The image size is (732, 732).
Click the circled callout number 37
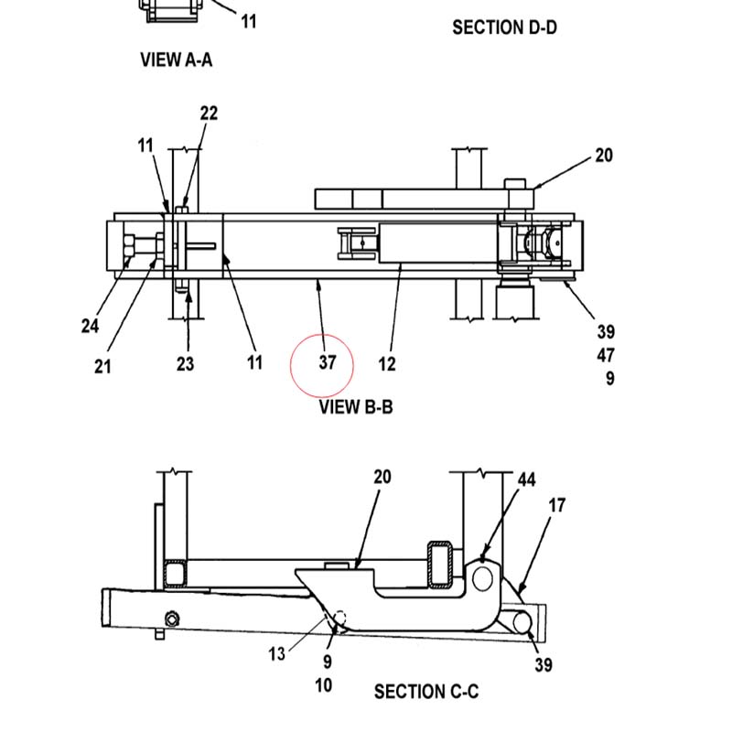tap(328, 362)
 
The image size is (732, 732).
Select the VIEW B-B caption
tap(356, 406)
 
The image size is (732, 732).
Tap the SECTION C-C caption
tap(426, 692)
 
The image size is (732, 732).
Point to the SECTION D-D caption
tap(505, 27)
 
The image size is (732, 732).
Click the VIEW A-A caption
tap(177, 59)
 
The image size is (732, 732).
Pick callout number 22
tap(209, 113)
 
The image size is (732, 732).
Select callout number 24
tap(90, 326)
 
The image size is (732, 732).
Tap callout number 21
tap(102, 367)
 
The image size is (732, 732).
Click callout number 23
tap(186, 363)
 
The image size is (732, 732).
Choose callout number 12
tap(387, 363)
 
